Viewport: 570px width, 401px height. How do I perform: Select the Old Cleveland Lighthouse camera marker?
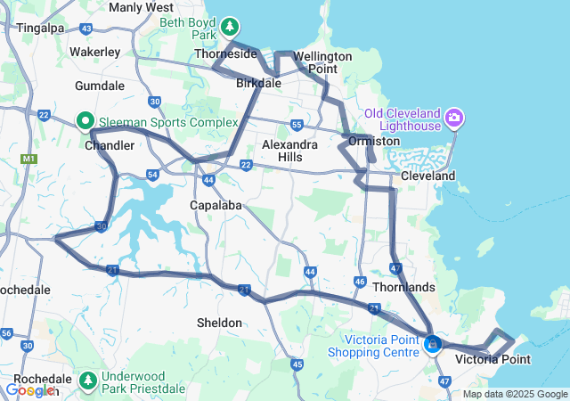coord(455,117)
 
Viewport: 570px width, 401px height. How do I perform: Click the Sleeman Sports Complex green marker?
coord(85,119)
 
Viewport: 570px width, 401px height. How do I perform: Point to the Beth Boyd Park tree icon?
coord(231,26)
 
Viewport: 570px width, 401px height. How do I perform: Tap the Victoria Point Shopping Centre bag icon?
coord(433,343)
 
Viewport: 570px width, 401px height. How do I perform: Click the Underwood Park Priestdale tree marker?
coord(88,381)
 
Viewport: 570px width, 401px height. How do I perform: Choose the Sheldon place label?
coord(219,322)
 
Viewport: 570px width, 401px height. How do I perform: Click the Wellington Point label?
coord(322,62)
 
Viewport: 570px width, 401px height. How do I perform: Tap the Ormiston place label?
coord(374,142)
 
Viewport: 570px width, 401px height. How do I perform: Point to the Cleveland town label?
coord(427,176)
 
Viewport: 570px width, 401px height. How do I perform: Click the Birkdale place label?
coord(258,83)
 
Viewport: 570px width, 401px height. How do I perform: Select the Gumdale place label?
coord(100,86)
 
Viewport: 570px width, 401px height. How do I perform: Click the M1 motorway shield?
coord(28,159)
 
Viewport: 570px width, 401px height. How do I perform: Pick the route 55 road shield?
coord(297,125)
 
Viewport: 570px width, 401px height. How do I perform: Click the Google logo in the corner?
coord(29,389)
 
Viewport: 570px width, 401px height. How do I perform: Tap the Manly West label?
coord(141,7)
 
